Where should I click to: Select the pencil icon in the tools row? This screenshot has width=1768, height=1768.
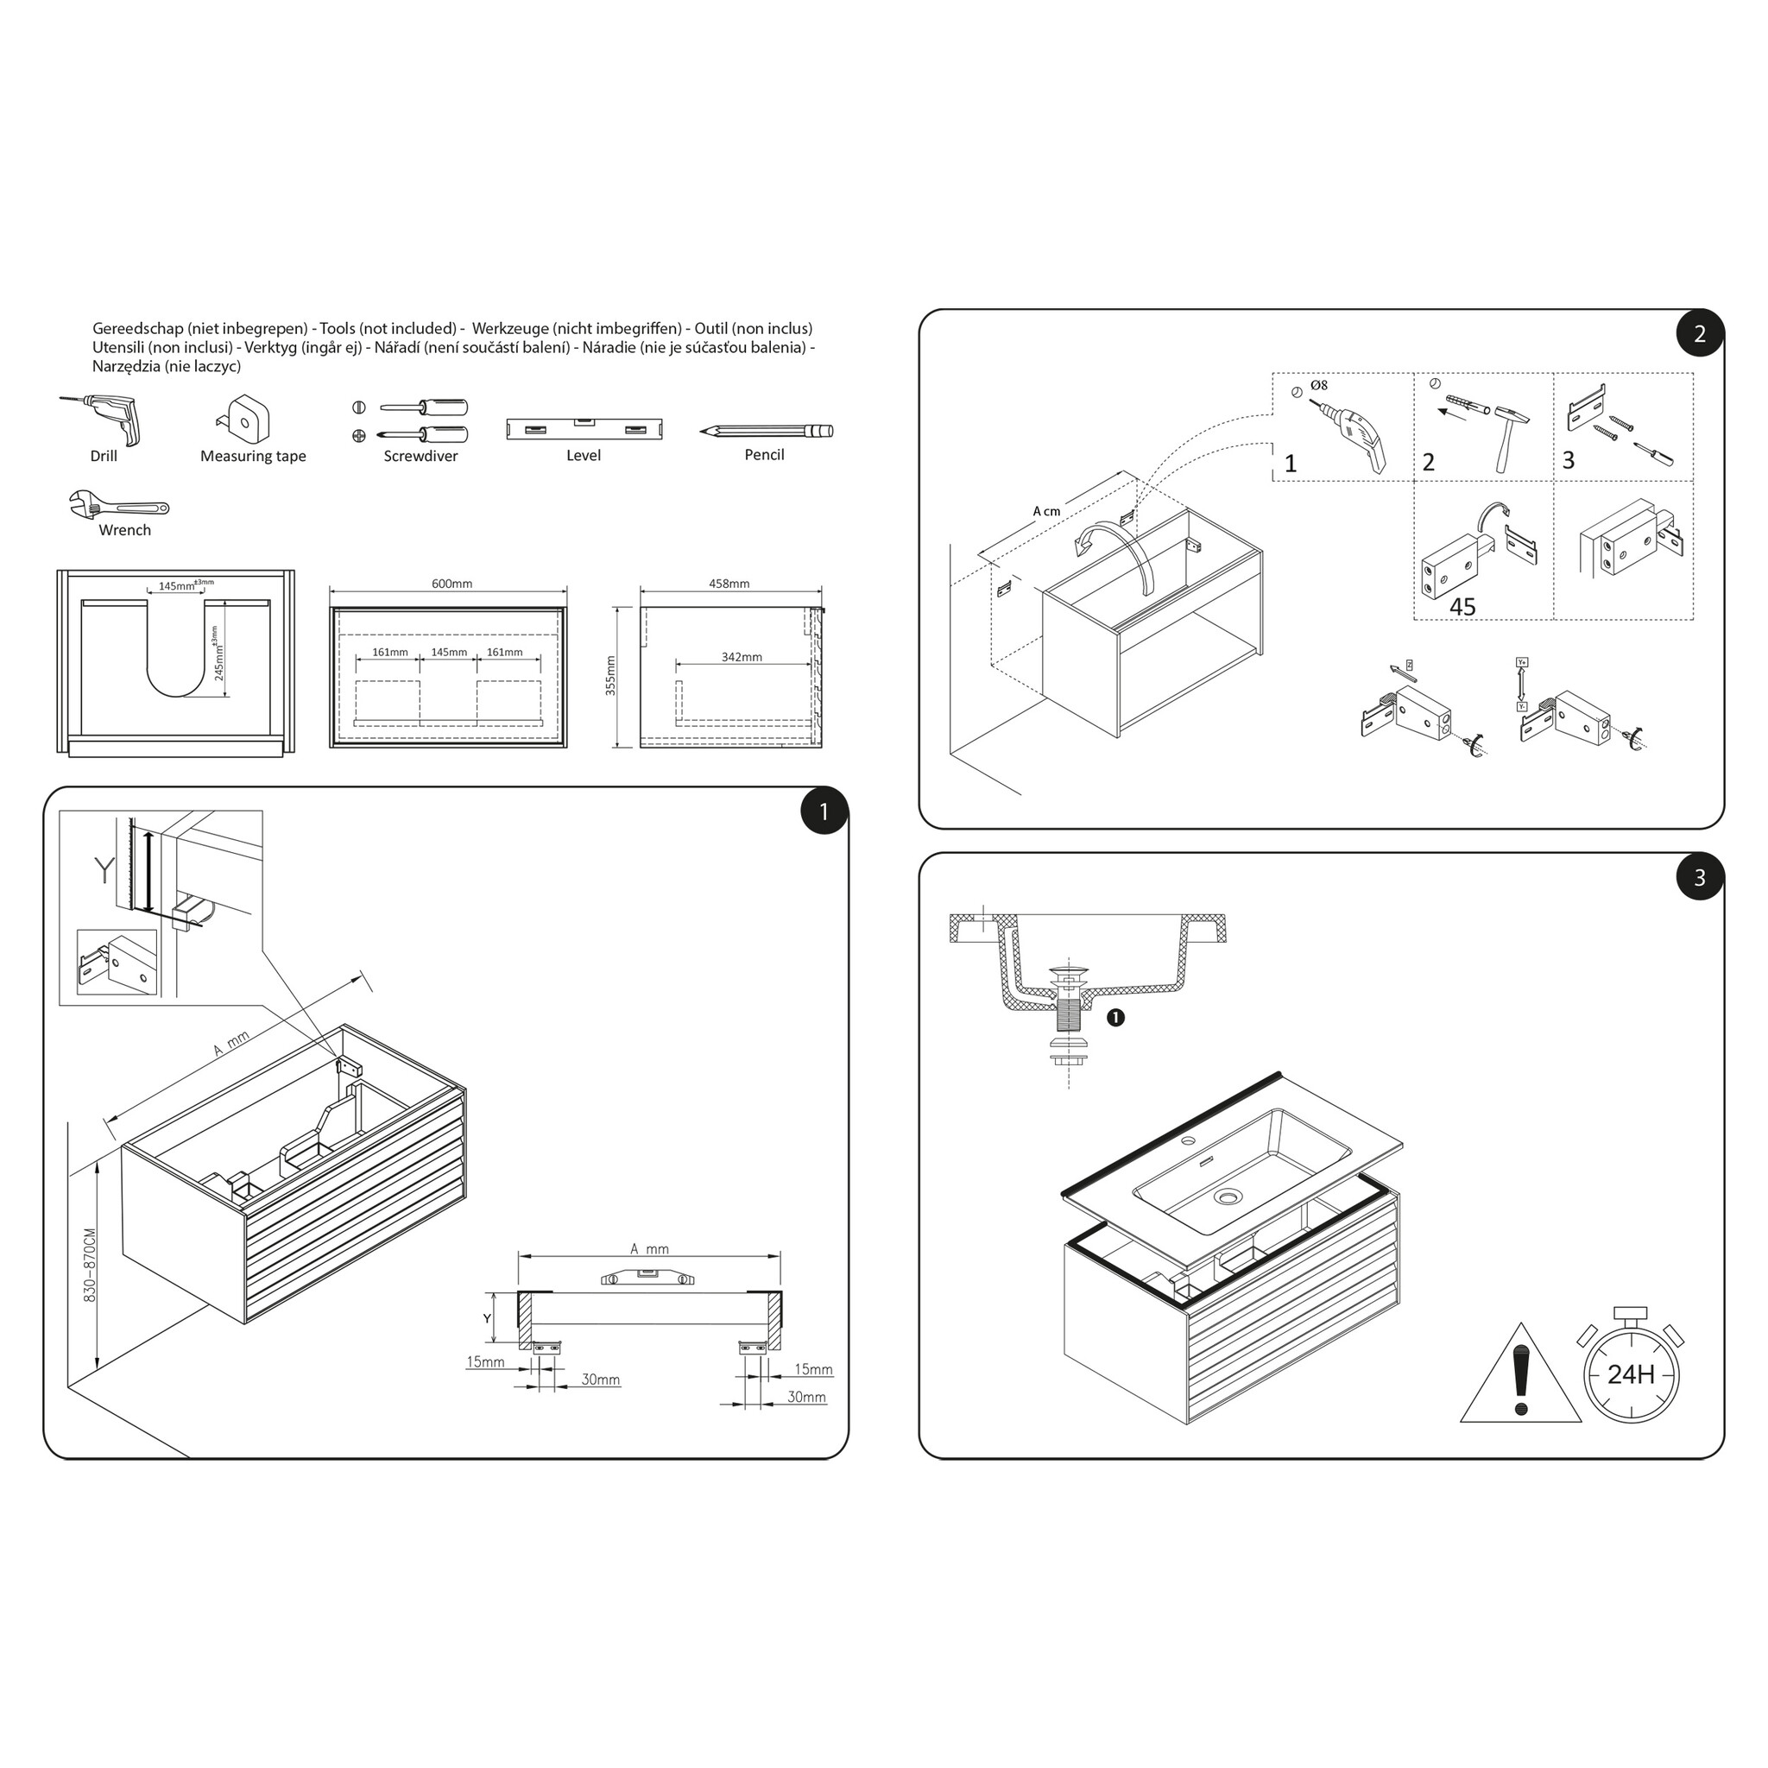point(767,431)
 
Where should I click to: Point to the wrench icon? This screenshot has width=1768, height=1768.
point(119,504)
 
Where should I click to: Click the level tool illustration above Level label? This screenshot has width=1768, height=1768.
point(584,428)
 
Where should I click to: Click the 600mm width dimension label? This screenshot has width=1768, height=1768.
point(452,584)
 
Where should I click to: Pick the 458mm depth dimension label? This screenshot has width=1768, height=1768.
point(729,584)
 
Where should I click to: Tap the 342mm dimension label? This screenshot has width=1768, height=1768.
point(742,657)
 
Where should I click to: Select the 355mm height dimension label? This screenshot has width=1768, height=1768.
point(611,675)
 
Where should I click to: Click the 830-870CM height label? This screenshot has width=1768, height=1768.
point(90,1266)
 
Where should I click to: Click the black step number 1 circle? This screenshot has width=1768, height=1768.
point(824,811)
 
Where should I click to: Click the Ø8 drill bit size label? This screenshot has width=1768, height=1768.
point(1319,385)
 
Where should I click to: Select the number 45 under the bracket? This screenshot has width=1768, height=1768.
point(1462,607)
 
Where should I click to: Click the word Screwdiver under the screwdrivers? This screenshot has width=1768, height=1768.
point(421,456)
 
